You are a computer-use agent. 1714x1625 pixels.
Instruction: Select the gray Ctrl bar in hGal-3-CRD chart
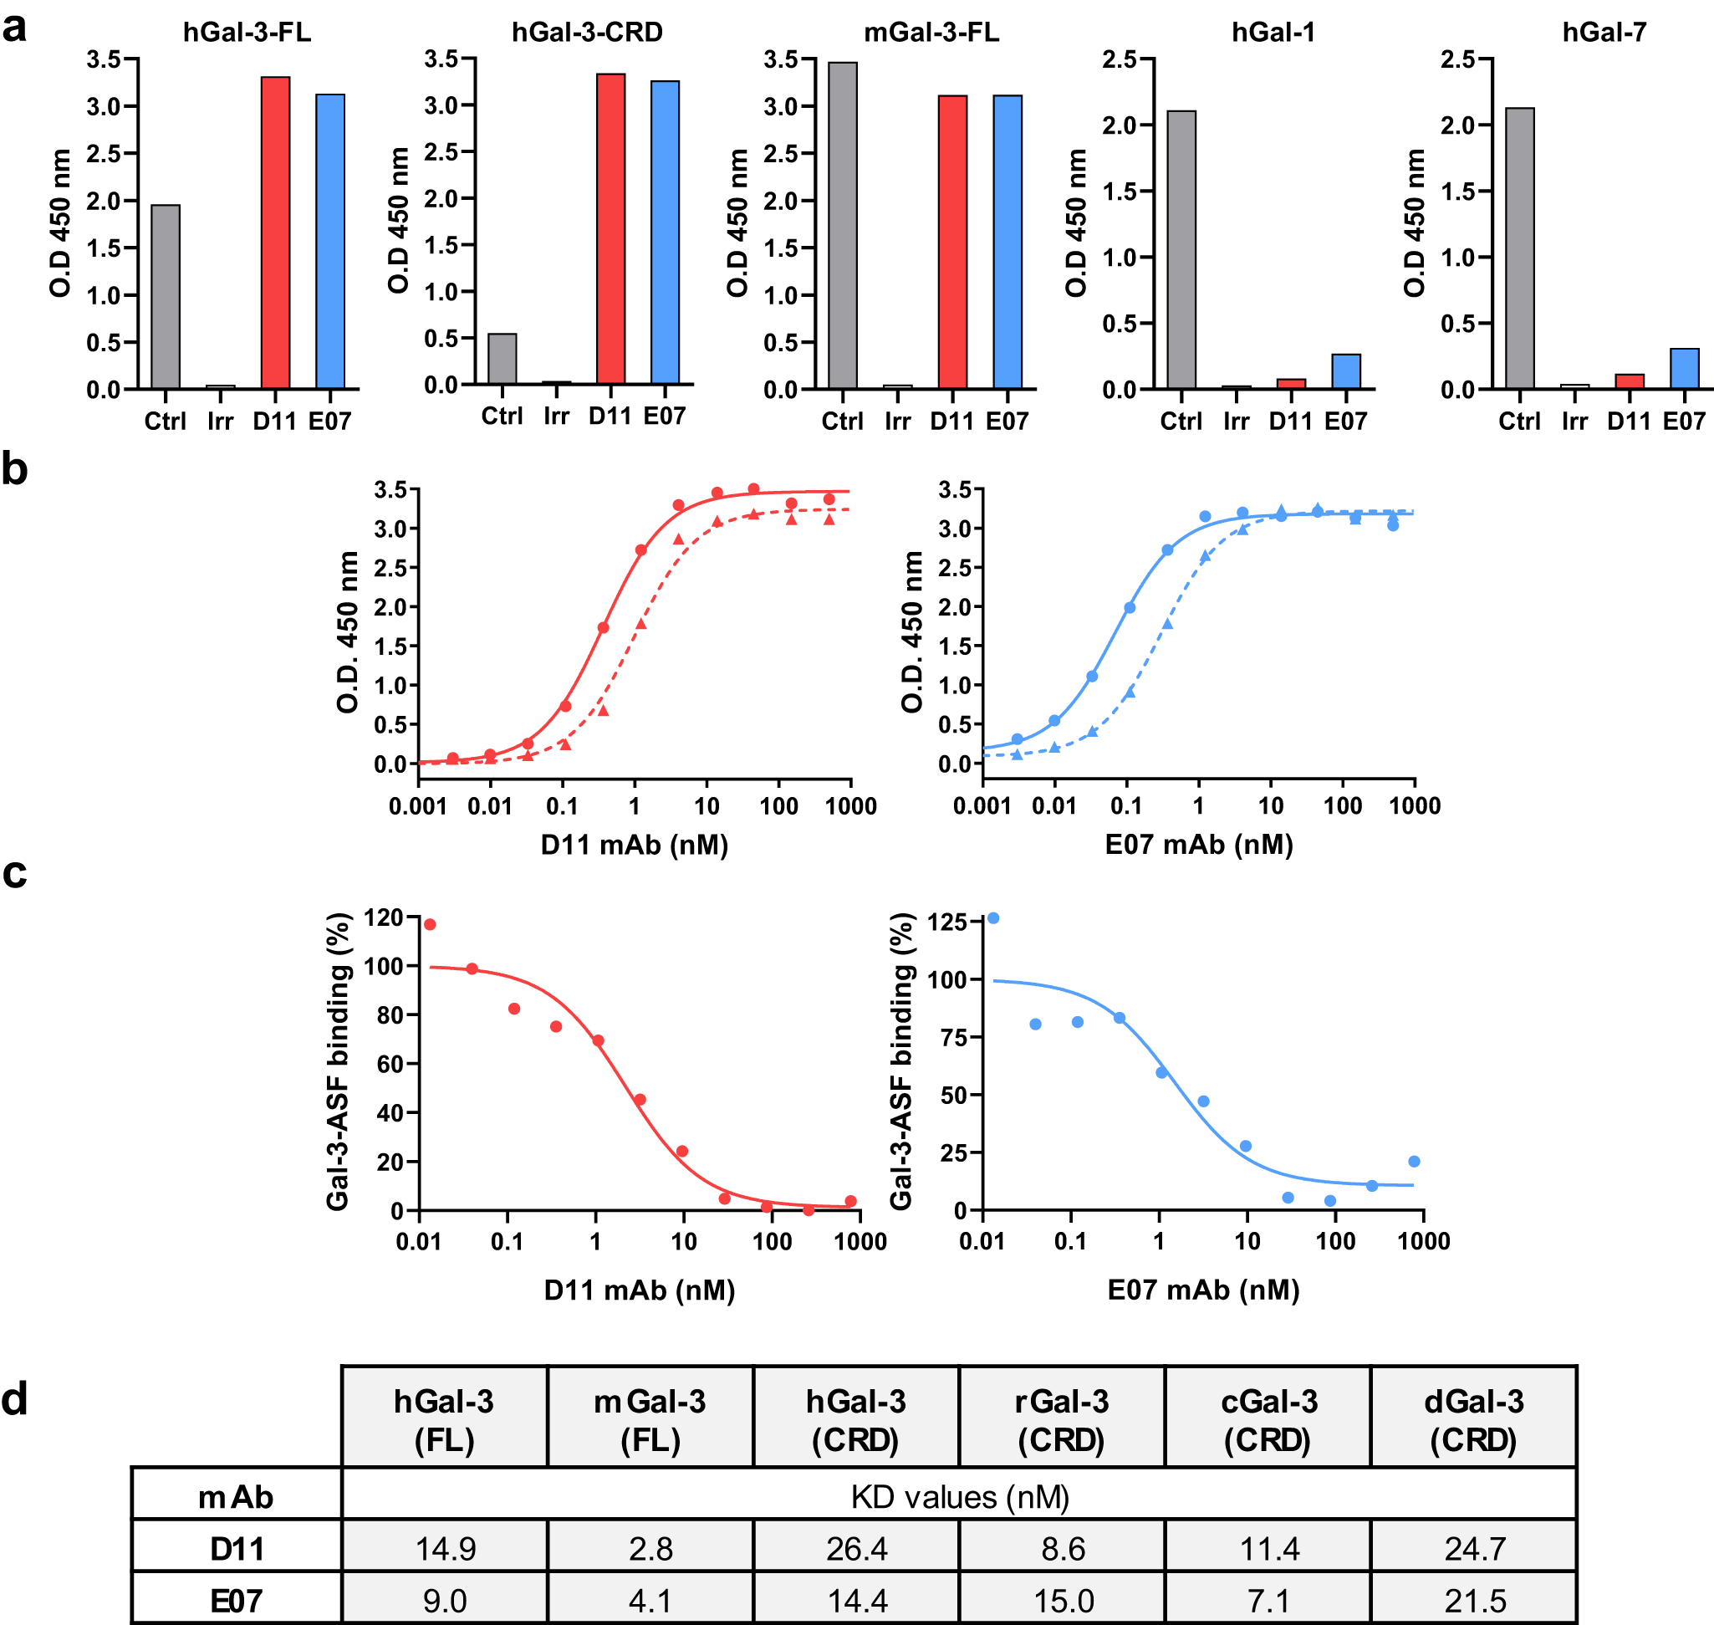pyautogui.click(x=502, y=359)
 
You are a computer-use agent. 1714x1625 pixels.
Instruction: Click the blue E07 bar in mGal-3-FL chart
pyautogui.click(x=1007, y=242)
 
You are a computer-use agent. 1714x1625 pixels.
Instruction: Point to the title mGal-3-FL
pyautogui.click(x=931, y=32)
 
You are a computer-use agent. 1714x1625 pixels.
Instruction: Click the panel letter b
pyautogui.click(x=15, y=468)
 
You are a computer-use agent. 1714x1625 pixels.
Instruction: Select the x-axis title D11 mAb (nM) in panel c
pyautogui.click(x=639, y=1290)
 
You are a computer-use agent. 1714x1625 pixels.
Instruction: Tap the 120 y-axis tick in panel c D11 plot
pyautogui.click(x=383, y=917)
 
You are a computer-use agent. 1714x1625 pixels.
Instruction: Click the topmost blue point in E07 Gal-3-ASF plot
pyautogui.click(x=993, y=918)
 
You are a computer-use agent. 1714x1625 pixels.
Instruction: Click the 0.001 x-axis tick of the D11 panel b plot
pyautogui.click(x=417, y=805)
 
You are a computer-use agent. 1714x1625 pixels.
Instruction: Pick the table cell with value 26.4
pyautogui.click(x=856, y=1548)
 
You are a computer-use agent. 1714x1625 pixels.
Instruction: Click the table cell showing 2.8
pyautogui.click(x=650, y=1548)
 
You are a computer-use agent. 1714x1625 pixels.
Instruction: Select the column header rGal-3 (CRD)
pyautogui.click(x=1062, y=1420)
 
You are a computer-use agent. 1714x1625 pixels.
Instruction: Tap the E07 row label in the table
pyautogui.click(x=237, y=1601)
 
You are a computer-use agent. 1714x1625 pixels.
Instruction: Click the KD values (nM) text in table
pyautogui.click(x=960, y=1497)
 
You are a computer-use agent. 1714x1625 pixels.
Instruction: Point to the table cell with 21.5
pyautogui.click(x=1475, y=1601)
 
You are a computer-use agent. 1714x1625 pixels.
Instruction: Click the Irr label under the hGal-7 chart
pyautogui.click(x=1574, y=421)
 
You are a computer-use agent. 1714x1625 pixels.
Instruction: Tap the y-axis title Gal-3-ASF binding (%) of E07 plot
pyautogui.click(x=902, y=1060)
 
